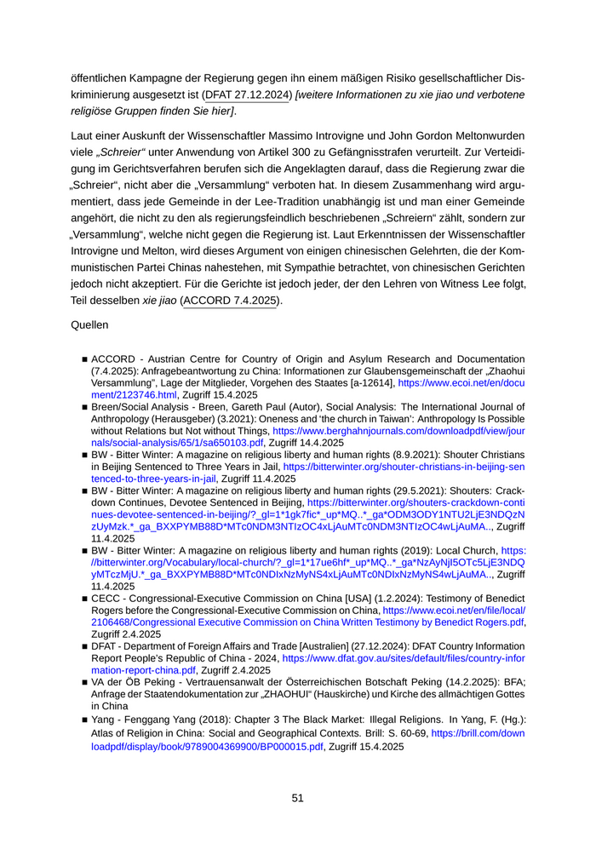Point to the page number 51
click(297, 798)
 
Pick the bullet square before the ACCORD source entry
click(84, 359)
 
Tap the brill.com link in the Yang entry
click(477, 733)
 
